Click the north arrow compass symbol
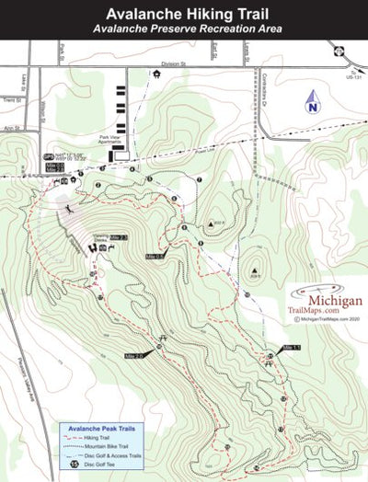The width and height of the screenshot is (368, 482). (x=312, y=102)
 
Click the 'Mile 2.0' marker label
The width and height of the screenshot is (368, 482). (x=135, y=355)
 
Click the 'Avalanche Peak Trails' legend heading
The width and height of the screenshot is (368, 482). (x=102, y=427)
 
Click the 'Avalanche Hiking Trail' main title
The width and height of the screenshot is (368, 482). (x=184, y=15)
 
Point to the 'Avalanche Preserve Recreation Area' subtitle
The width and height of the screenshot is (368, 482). (x=184, y=29)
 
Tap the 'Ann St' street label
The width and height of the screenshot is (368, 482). (x=10, y=128)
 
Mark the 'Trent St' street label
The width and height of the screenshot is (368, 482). (x=10, y=98)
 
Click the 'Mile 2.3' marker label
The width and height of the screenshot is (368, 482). (x=117, y=238)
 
